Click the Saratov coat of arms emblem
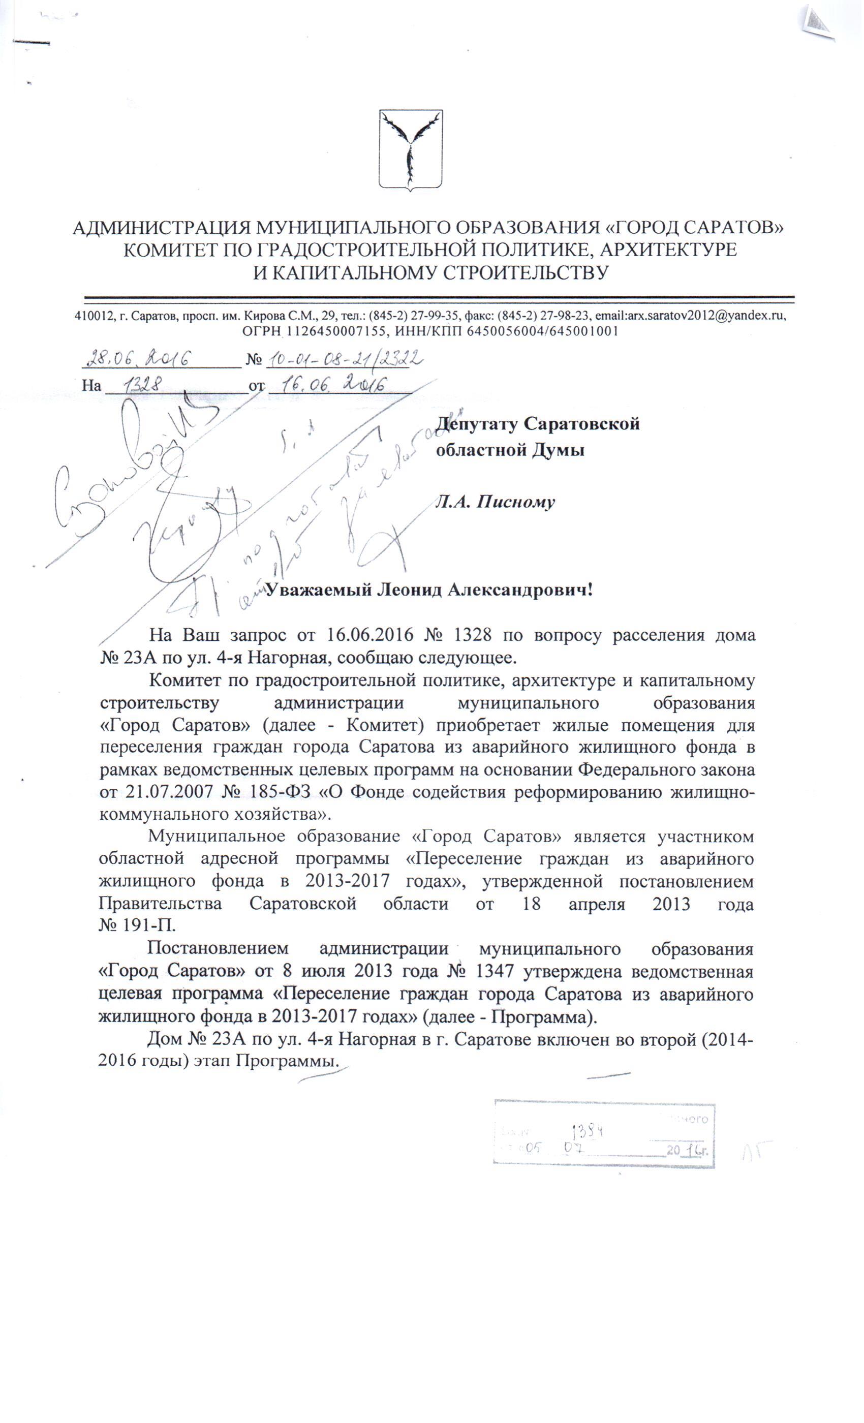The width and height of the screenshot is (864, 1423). pos(411,150)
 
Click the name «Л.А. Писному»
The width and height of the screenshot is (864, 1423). pos(495,501)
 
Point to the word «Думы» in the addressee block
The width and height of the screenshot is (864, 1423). pos(558,450)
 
